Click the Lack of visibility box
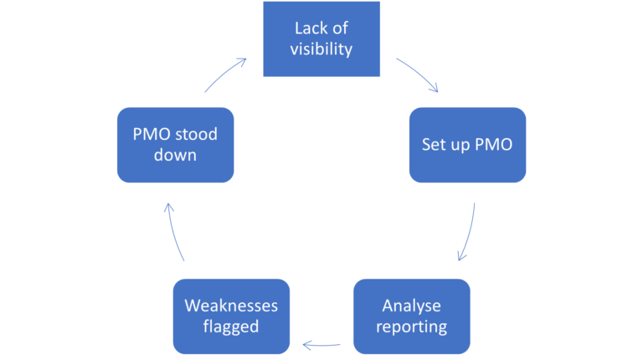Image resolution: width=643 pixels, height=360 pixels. point(321,39)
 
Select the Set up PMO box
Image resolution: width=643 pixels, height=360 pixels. point(467,144)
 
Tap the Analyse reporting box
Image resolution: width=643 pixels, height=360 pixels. point(411,316)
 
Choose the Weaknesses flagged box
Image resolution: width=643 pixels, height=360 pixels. point(230,316)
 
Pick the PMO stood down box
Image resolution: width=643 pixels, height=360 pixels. point(174,144)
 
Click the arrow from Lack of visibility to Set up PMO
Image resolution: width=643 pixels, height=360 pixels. point(418,75)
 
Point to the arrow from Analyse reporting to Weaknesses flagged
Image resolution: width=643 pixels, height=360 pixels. point(321,343)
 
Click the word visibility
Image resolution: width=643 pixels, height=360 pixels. point(321,49)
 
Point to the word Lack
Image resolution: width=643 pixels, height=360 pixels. point(307,28)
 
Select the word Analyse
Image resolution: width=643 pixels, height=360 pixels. point(411,306)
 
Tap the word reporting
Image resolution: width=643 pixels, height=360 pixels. point(411,326)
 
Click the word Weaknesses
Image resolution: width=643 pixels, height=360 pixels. point(230,306)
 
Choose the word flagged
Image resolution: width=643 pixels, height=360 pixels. point(230,326)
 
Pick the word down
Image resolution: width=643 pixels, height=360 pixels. point(174,154)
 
